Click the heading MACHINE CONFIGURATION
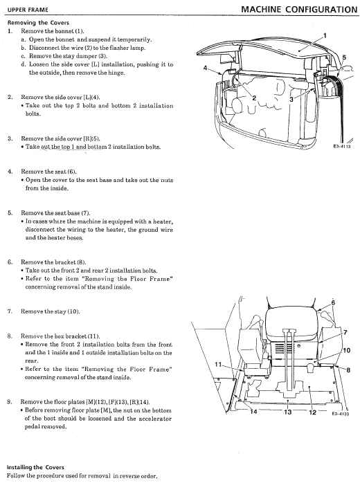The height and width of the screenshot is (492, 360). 299,9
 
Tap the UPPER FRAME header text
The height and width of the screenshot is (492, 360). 28,10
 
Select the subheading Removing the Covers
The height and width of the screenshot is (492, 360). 38,23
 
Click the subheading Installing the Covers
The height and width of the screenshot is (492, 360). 35,467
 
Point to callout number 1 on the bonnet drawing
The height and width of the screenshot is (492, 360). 325,35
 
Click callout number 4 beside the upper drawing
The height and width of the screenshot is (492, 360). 205,67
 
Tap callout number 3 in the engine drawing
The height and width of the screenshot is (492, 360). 291,99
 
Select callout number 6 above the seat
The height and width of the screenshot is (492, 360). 333,303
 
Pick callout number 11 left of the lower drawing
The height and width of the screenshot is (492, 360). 218,364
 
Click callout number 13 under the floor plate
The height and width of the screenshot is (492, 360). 287,412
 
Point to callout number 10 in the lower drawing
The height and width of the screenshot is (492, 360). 347,350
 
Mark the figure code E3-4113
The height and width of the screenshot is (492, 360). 342,146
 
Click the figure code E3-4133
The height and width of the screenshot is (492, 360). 341,414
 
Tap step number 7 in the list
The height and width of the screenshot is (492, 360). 10,311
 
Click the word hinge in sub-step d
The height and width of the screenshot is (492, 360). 118,73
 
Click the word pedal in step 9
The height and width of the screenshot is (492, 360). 32,427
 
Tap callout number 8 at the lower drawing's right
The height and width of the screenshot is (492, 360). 348,370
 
